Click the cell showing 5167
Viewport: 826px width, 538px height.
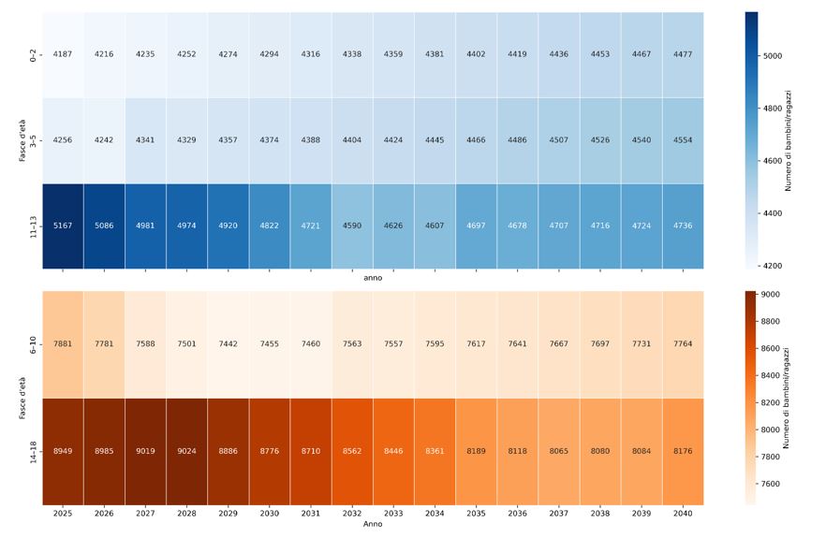point(63,225)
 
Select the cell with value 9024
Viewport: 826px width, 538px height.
point(186,451)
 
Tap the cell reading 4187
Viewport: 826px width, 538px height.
point(63,54)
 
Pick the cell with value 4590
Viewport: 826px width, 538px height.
point(352,225)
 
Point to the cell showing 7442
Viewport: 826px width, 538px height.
point(228,344)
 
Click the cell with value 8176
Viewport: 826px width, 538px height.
point(683,451)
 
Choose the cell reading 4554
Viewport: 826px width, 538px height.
point(683,140)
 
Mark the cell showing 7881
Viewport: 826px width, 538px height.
point(63,344)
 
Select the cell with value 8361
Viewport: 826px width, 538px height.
point(435,451)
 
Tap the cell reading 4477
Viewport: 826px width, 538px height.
point(683,54)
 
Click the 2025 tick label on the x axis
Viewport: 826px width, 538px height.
point(63,514)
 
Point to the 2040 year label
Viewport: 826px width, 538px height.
point(683,514)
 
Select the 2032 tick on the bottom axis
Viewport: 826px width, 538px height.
point(352,514)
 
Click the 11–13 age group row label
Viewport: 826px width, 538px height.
point(34,225)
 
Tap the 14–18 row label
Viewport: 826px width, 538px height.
point(34,451)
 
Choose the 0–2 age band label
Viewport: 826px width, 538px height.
point(34,54)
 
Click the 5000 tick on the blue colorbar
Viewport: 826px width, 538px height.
point(773,56)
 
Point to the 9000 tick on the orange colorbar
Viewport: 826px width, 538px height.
point(773,295)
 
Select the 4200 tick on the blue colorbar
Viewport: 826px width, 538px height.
point(773,266)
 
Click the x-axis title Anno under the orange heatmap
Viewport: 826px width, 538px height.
point(373,524)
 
